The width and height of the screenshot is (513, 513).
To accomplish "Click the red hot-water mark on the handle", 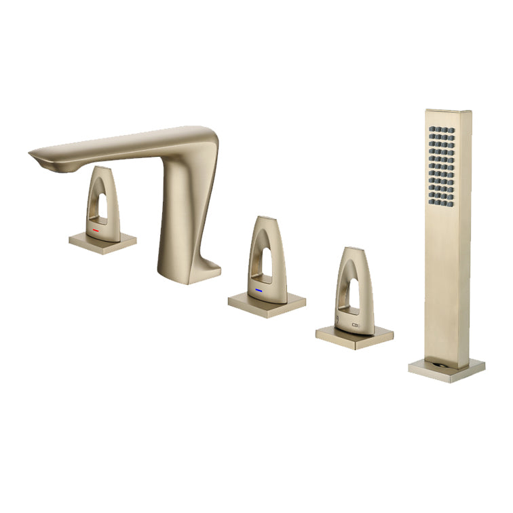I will click(96, 230).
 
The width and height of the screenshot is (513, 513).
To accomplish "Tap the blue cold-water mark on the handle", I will click(259, 290).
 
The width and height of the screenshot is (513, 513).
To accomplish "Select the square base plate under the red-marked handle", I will click(102, 241).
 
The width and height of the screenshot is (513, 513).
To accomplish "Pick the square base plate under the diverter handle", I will click(354, 336).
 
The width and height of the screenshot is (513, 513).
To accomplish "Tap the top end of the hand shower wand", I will click(448, 113).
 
